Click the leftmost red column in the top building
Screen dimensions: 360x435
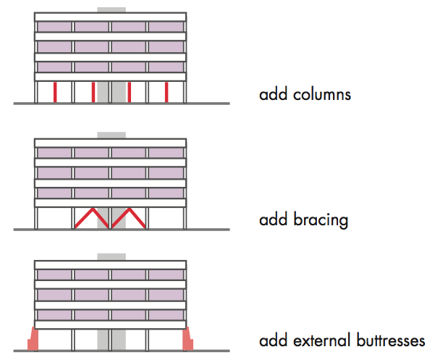tap(55, 92)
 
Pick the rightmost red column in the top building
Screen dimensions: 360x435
tap(166, 92)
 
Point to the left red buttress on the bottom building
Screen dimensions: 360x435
tap(33, 339)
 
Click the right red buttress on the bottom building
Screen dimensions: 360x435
tap(190, 339)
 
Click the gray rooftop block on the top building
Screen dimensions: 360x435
tap(111, 10)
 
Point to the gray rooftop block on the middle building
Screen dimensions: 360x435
tap(111, 135)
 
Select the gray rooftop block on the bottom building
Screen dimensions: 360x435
tap(111, 257)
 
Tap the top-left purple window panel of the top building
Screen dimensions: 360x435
tap(54, 28)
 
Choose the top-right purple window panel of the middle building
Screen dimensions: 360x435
tap(166, 153)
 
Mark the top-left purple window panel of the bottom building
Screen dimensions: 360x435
tap(54, 275)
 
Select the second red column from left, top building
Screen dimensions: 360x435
tap(93, 92)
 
